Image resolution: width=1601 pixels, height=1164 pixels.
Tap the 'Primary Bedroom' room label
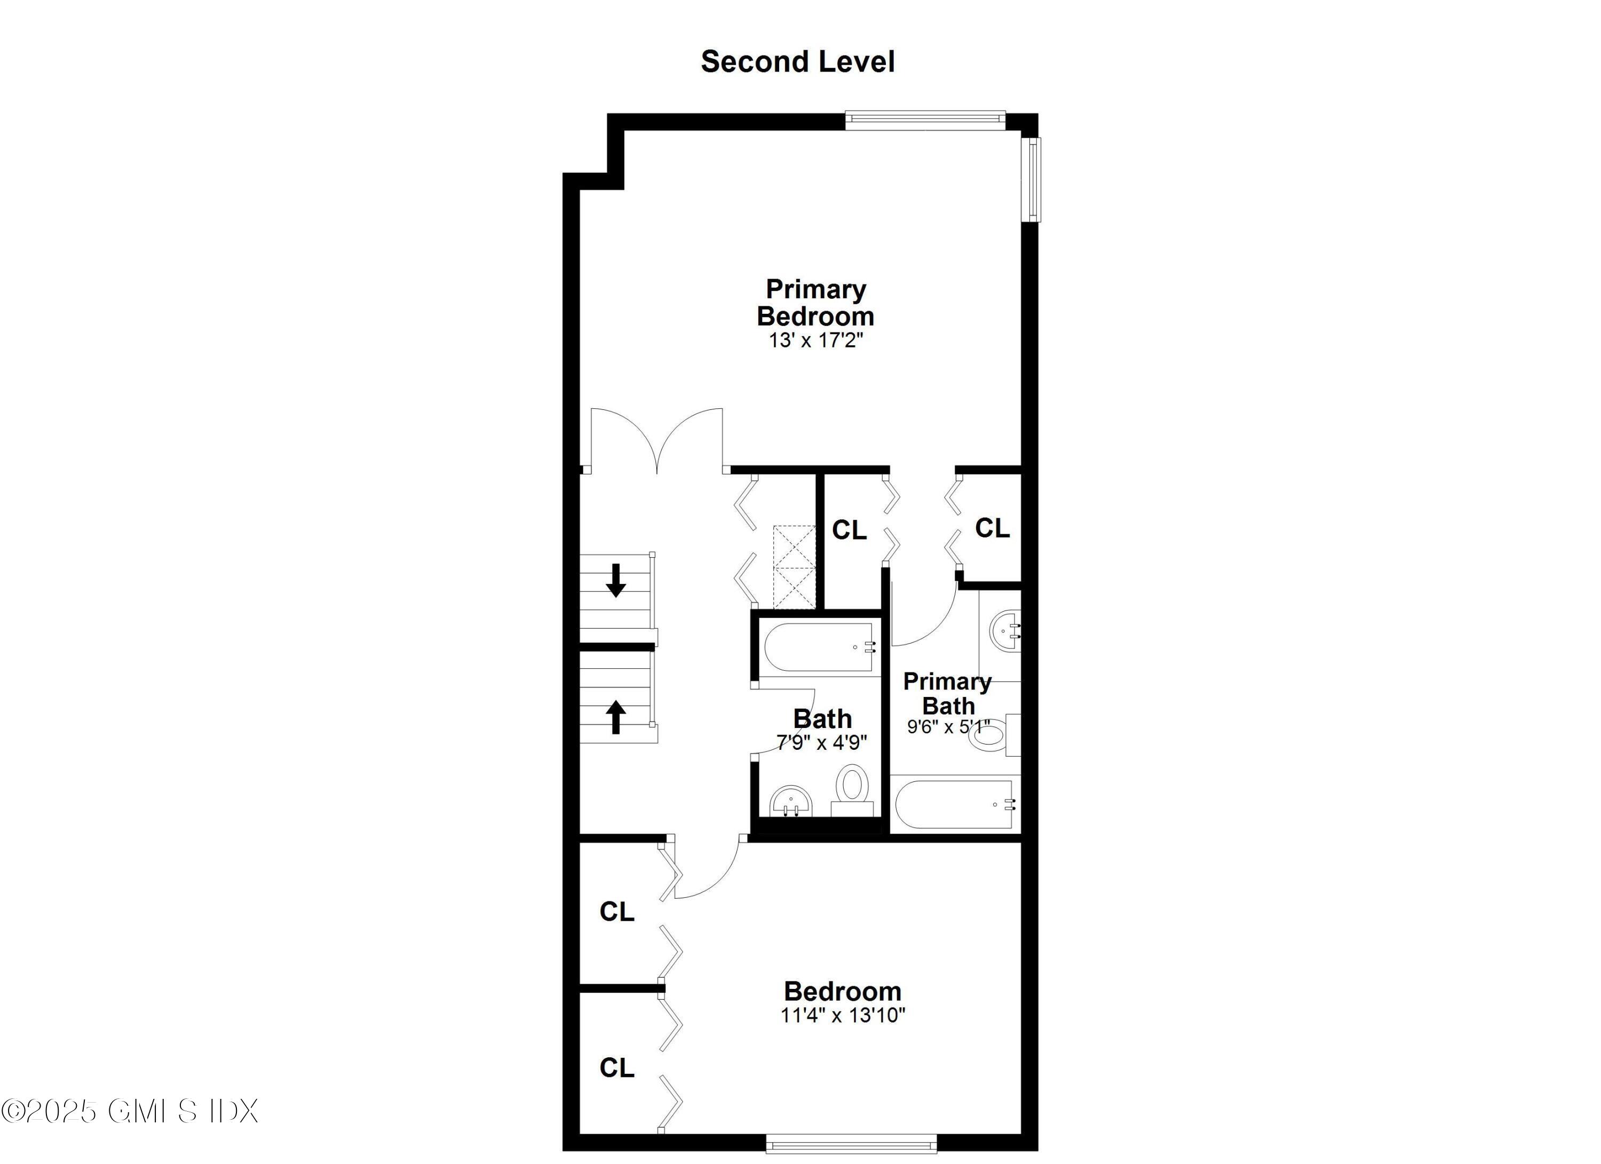point(815,303)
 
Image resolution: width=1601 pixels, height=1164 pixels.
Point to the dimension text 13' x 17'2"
point(815,341)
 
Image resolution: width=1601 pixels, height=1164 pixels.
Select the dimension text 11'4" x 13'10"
point(842,1015)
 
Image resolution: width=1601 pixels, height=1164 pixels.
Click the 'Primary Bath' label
point(947,693)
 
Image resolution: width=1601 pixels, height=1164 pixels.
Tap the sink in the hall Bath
point(790,803)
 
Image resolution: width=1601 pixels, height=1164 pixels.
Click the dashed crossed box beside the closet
point(794,566)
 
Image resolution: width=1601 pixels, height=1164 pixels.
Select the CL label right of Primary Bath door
point(992,527)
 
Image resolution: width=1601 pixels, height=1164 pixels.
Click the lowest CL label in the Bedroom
point(616,1068)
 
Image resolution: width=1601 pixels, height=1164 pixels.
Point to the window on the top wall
point(925,120)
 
